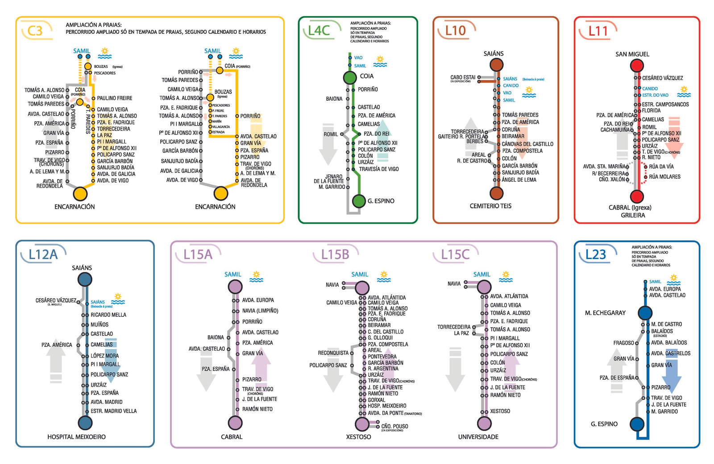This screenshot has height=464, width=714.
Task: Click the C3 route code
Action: click(x=35, y=31)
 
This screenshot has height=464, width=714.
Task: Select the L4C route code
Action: click(x=319, y=30)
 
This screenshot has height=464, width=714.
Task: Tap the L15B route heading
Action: click(x=335, y=255)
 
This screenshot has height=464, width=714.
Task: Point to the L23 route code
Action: click(x=595, y=255)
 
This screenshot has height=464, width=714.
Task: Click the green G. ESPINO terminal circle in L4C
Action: click(x=359, y=201)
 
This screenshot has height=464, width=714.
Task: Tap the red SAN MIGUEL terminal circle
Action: click(x=636, y=66)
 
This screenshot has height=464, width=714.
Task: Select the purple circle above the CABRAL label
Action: click(x=235, y=422)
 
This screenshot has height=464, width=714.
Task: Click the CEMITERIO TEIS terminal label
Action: click(x=490, y=206)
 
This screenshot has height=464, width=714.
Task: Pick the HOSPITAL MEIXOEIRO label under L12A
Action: click(x=76, y=437)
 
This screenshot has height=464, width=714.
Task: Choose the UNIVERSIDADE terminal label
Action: click(x=478, y=437)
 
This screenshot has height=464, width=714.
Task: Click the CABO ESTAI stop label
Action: click(x=463, y=78)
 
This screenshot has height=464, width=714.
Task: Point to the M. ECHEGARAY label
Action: click(x=605, y=313)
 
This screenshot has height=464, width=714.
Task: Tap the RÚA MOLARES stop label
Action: click(x=664, y=177)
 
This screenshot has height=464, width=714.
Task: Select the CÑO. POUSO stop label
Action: click(x=394, y=426)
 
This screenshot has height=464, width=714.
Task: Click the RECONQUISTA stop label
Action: click(x=333, y=353)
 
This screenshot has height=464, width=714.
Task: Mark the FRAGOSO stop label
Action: click(x=623, y=343)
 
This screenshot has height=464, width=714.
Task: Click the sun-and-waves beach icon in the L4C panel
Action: click(x=380, y=62)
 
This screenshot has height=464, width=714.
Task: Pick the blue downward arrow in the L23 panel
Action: click(x=671, y=374)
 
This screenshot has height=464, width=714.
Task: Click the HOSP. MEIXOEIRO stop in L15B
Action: click(x=386, y=406)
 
